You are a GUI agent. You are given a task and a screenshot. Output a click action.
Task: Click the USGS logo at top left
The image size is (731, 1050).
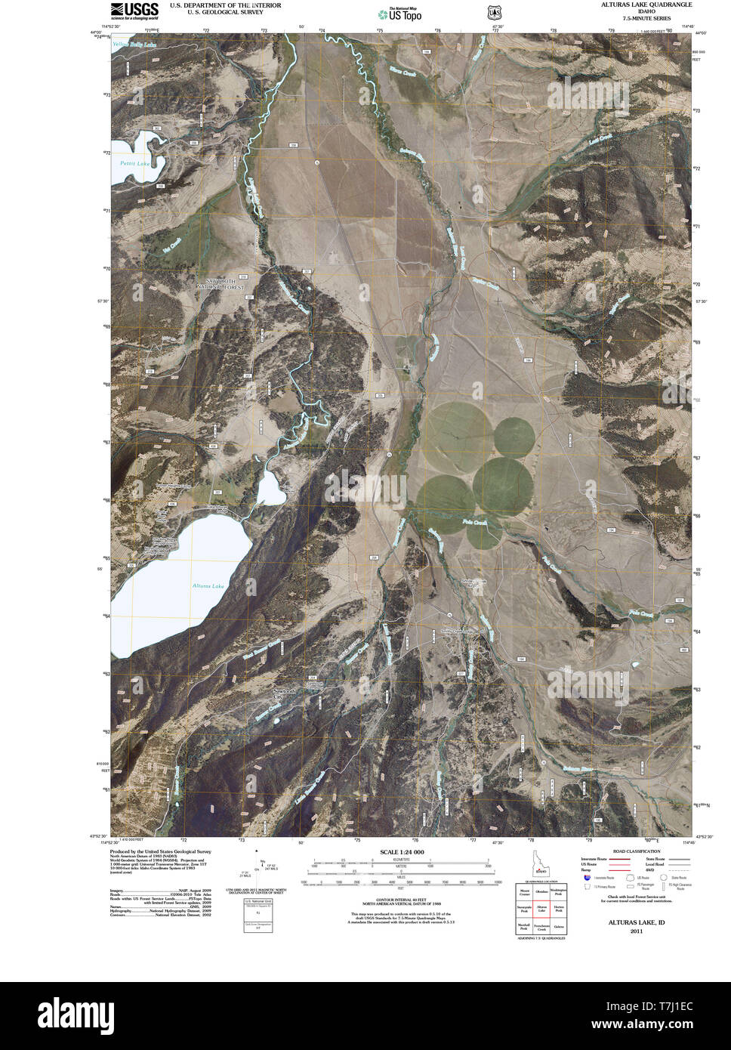tap(134, 10)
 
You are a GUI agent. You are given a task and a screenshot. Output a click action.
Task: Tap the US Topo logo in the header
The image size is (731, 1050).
tap(401, 14)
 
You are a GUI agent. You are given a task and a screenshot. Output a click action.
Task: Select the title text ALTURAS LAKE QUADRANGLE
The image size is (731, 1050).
tap(646, 5)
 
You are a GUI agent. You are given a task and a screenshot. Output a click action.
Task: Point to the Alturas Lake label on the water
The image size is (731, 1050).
tap(208, 586)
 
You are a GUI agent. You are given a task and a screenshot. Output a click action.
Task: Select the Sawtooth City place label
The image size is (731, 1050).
tap(287, 692)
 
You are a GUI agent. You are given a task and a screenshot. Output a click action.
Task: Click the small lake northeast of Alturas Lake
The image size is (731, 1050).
tap(270, 489)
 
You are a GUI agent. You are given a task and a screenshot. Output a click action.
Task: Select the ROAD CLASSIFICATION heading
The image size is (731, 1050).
tap(626, 851)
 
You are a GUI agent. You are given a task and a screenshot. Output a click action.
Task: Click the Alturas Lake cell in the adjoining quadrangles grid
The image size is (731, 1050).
tap(541, 910)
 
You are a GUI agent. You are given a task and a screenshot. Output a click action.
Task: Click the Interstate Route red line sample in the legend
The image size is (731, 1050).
tap(619, 860)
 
